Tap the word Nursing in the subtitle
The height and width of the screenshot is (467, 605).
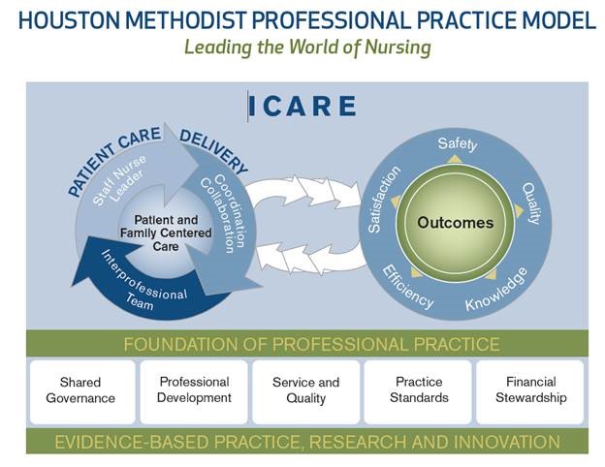click(x=398, y=47)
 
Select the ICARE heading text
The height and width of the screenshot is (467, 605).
click(x=302, y=106)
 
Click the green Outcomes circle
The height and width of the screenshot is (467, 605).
click(x=456, y=223)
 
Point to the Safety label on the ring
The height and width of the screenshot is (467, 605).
click(x=458, y=143)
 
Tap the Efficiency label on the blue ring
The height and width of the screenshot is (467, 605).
click(x=407, y=288)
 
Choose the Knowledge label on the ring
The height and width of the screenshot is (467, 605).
click(x=496, y=290)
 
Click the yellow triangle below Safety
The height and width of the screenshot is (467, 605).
click(x=456, y=159)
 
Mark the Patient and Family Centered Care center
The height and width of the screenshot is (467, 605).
click(x=166, y=233)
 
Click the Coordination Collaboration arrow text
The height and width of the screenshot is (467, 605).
click(x=223, y=213)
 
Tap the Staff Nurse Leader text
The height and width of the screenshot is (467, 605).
click(x=120, y=180)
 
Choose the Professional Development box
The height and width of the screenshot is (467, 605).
click(x=194, y=391)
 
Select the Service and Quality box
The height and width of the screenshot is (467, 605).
click(x=306, y=391)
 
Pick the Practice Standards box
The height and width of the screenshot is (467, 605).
click(x=418, y=391)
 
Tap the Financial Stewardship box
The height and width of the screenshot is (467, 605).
click(x=530, y=391)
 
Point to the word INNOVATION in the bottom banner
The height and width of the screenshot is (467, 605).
click(x=507, y=442)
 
